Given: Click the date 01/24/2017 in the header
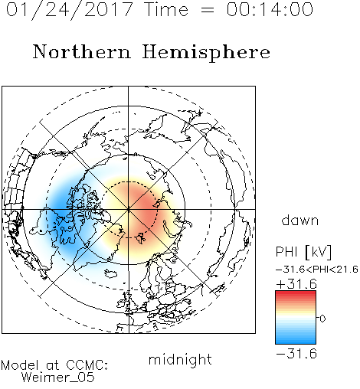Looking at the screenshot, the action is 69,10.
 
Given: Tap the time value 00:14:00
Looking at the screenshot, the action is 270,9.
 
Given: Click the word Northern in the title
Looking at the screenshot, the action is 82,51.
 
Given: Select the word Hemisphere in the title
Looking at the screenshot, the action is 206,53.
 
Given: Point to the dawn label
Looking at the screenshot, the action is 300,220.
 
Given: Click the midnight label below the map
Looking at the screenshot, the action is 180,360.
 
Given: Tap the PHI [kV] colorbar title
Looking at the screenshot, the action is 303,252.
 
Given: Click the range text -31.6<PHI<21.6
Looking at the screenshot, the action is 317,270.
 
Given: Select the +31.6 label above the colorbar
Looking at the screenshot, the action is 296,284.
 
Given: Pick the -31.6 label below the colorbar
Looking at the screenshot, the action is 296,354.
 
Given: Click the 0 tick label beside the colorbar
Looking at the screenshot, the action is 322,319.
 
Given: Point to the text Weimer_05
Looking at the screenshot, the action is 57,378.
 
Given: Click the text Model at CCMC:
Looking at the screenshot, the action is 54,365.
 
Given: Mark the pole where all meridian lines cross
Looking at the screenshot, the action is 129,210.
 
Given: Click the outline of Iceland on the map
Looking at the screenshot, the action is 110,273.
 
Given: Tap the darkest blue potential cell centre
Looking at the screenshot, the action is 58,210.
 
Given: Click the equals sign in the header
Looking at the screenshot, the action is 207,10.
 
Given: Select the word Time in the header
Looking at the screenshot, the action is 166,9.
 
